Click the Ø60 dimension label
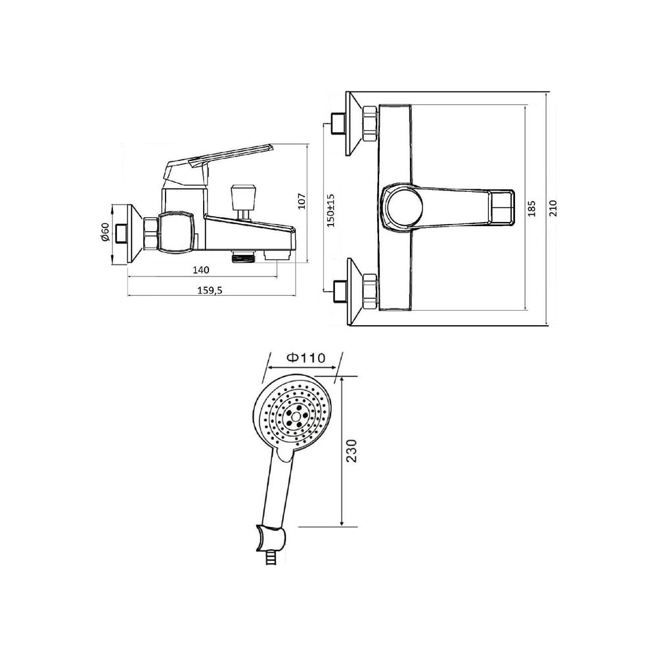104,232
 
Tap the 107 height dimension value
302,201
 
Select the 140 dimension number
200,270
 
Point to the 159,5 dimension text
210,290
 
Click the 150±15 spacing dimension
331,210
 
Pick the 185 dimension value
532,208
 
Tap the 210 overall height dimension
553,208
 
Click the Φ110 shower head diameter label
306,357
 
